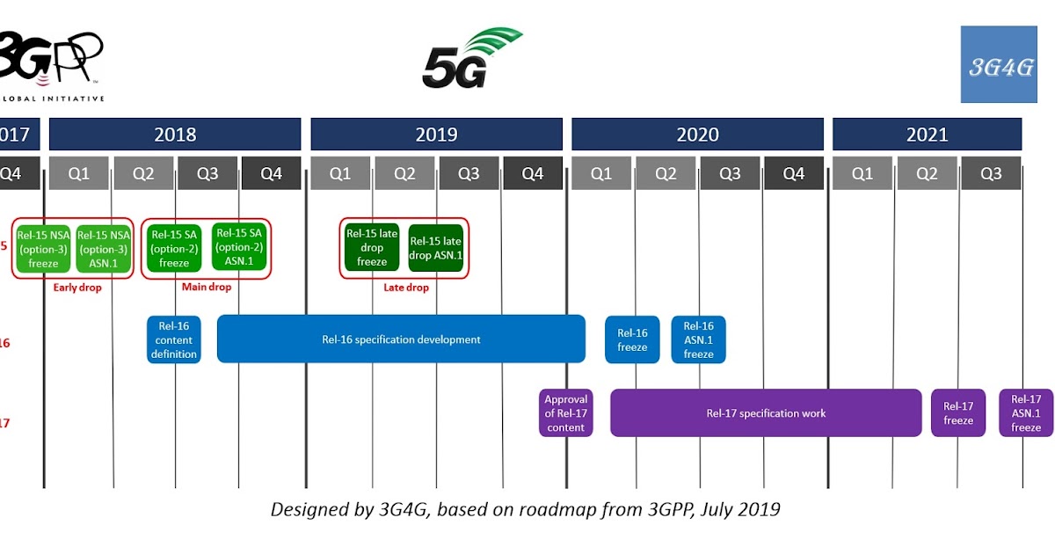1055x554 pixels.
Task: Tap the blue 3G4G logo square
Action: tap(999, 64)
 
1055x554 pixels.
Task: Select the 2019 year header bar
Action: tap(436, 135)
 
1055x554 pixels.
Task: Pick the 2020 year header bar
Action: tap(697, 135)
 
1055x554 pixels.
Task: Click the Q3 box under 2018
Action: tap(207, 173)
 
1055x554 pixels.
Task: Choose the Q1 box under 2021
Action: tap(862, 173)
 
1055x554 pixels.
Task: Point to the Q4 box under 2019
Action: tap(533, 173)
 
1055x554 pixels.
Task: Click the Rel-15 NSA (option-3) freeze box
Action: tap(44, 249)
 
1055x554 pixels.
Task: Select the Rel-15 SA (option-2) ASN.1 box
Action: tap(239, 247)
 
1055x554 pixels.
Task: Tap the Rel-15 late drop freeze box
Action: tap(372, 247)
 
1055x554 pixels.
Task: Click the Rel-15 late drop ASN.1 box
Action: tap(436, 248)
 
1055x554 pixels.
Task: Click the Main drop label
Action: tap(206, 288)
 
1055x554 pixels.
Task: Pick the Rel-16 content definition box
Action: tap(174, 339)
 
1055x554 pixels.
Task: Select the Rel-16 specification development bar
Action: tap(401, 339)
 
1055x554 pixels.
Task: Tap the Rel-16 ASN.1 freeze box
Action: tap(699, 339)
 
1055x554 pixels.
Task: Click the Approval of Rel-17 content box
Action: tap(566, 413)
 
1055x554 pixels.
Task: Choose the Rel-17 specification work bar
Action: tap(766, 413)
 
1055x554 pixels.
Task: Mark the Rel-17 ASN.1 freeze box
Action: tap(1026, 413)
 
